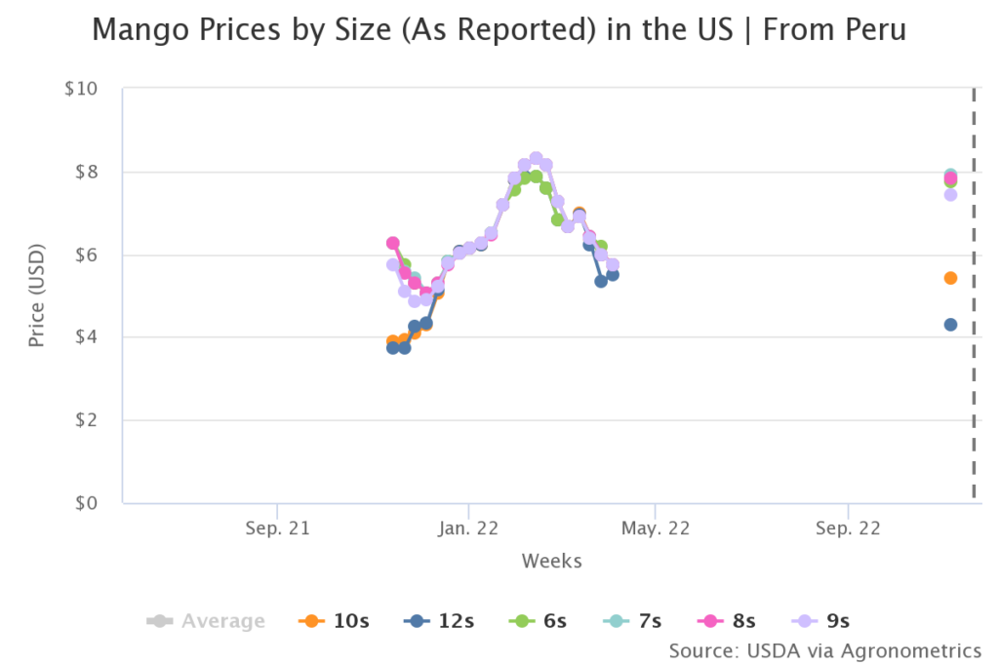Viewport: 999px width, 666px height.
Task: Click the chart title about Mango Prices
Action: pyautogui.click(x=499, y=30)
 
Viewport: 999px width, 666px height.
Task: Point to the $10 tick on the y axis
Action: pyautogui.click(x=81, y=89)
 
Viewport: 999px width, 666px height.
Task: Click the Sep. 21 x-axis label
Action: pyautogui.click(x=277, y=529)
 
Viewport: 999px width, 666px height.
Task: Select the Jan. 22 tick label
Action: pyautogui.click(x=468, y=529)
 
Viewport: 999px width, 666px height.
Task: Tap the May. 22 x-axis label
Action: pyautogui.click(x=656, y=529)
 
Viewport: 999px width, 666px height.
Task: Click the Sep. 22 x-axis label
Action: pyautogui.click(x=848, y=529)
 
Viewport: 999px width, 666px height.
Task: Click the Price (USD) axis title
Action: pyautogui.click(x=37, y=295)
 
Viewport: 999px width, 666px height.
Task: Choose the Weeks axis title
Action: pyautogui.click(x=551, y=561)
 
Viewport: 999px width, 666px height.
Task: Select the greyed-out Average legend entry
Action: pyautogui.click(x=206, y=621)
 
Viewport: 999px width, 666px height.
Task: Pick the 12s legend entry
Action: pyautogui.click(x=440, y=621)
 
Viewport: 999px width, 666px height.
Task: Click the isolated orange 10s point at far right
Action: pyautogui.click(x=950, y=278)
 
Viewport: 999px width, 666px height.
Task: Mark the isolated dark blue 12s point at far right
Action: pyautogui.click(x=950, y=325)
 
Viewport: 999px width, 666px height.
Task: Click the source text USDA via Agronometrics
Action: pyautogui.click(x=824, y=650)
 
